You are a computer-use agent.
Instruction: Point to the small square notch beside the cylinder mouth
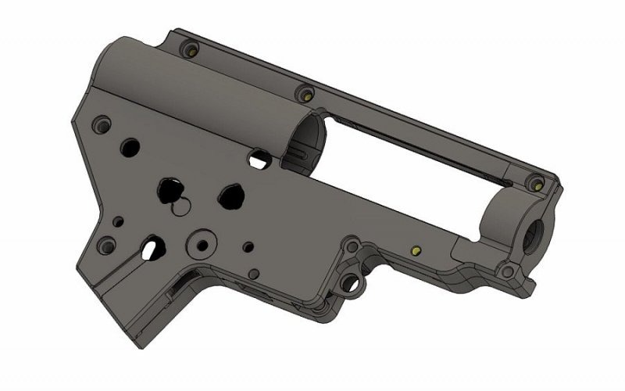click(x=256, y=159)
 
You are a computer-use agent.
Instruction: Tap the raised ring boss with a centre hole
click(x=203, y=244)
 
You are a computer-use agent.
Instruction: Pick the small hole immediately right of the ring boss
click(x=248, y=247)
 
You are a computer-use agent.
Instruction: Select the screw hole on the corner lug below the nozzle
click(x=508, y=272)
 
